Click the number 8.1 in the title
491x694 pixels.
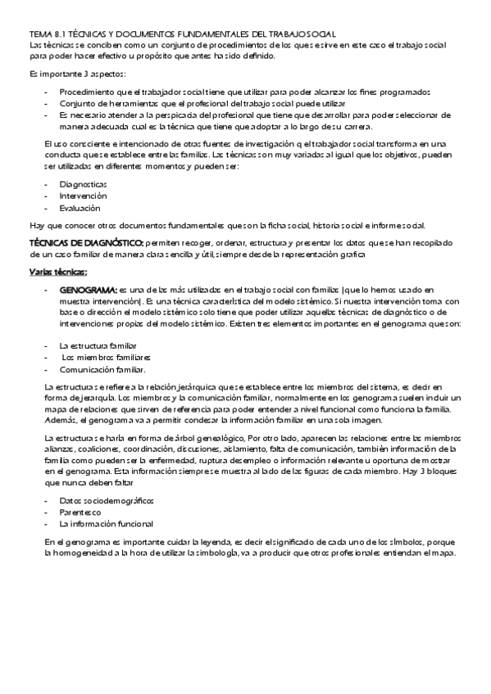tap(61, 34)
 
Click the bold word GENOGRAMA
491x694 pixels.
tap(89, 290)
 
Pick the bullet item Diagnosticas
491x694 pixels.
tap(84, 184)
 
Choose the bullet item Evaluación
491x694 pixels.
tap(80, 208)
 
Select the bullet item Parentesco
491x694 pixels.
tap(79, 511)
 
